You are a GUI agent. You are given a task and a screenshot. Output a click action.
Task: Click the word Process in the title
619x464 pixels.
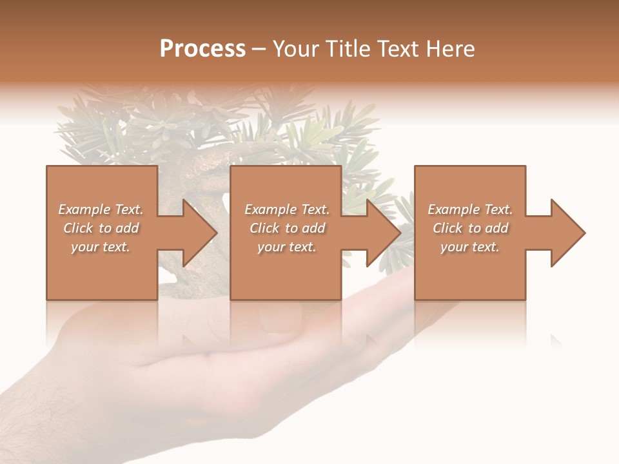[202, 49]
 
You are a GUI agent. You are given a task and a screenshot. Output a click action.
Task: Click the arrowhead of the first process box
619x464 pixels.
[200, 233]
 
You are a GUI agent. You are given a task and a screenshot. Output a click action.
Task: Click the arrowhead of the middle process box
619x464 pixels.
[384, 233]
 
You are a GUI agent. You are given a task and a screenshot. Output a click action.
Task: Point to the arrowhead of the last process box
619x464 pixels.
[567, 233]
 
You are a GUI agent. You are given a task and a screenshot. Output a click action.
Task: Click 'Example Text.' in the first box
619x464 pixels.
[101, 209]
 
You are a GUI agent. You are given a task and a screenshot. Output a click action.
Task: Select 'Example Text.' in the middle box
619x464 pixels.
[286, 209]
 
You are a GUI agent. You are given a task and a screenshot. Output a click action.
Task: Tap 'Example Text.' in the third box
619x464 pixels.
[469, 209]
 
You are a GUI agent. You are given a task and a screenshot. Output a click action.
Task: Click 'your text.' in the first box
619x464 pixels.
[101, 247]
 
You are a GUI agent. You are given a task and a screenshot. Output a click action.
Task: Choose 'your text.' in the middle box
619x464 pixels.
[286, 247]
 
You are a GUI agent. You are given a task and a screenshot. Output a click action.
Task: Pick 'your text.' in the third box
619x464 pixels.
[469, 247]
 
